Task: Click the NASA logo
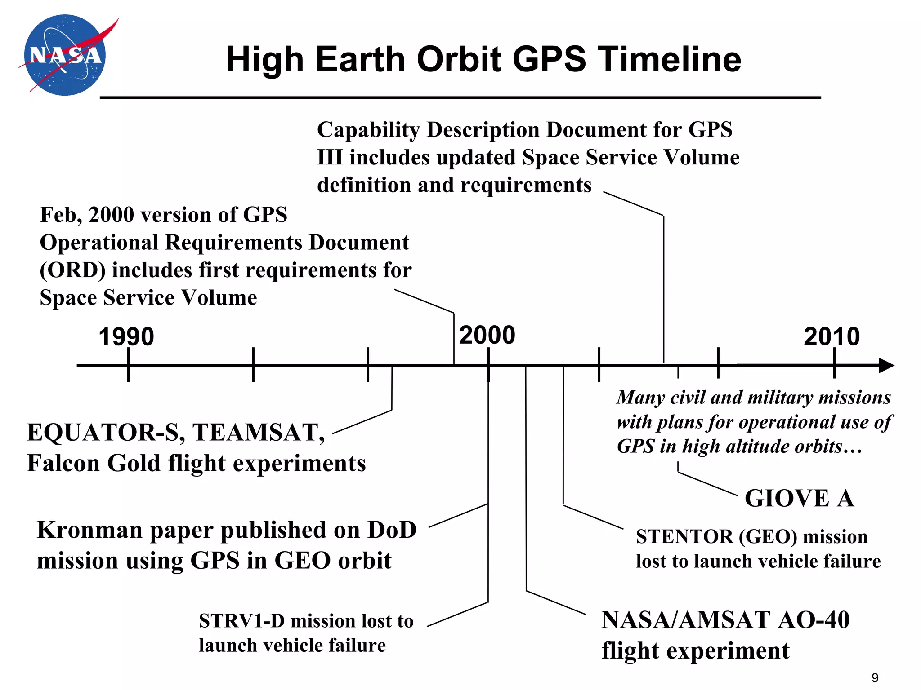click(65, 55)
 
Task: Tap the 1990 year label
click(126, 336)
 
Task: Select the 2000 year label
click(487, 335)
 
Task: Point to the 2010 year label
click(832, 336)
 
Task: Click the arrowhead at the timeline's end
click(886, 365)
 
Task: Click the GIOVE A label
click(799, 498)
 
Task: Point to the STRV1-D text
click(242, 621)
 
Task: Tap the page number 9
click(875, 677)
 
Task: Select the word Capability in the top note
click(368, 130)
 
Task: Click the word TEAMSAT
click(259, 433)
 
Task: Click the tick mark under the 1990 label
click(129, 365)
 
